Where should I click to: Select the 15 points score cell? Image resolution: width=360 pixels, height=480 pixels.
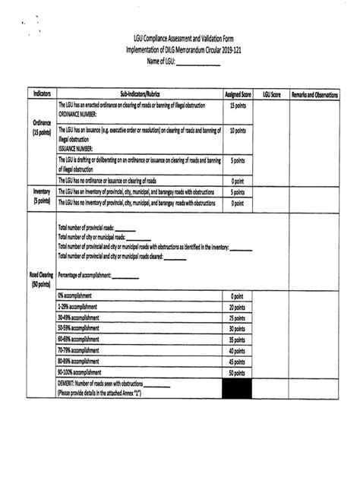[x=237, y=106]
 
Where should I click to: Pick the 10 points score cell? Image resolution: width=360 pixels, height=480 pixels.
[x=237, y=131]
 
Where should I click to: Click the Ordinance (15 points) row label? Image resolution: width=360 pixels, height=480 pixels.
[x=41, y=127]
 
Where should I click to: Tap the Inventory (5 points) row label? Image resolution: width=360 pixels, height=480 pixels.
[x=41, y=197]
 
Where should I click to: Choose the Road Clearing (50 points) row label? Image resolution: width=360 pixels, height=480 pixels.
[x=41, y=279]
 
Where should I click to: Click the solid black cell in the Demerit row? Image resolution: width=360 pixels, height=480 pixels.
[x=237, y=389]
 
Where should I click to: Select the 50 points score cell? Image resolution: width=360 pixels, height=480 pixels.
[x=237, y=373]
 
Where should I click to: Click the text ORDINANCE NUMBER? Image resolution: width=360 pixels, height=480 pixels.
[x=83, y=112]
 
